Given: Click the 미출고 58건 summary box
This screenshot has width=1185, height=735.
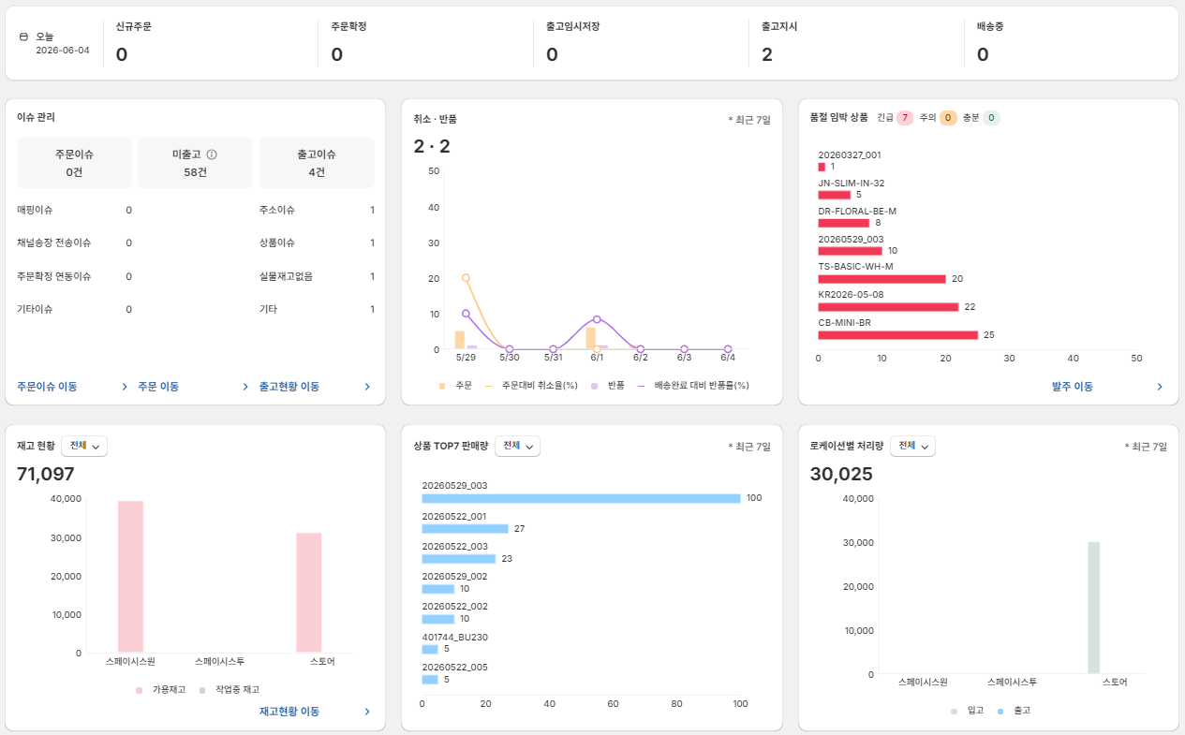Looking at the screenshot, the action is tap(195, 163).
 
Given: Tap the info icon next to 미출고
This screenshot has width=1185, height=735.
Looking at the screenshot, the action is tap(212, 154).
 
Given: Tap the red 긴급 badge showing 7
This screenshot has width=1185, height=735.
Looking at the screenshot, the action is tap(905, 117).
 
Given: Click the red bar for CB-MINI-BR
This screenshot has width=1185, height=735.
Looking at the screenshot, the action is tap(897, 335).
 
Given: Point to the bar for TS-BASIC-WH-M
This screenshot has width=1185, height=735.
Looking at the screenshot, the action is tap(881, 279).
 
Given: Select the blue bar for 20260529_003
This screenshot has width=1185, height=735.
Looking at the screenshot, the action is tap(581, 498).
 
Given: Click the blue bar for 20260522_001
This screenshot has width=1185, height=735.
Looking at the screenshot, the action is tap(465, 529).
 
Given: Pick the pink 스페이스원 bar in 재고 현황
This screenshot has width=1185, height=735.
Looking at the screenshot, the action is tap(130, 577).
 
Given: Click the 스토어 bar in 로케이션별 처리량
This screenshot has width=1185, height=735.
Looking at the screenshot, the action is tap(1093, 608).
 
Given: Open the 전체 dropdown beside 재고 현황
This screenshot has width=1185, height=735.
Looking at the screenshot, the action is tap(84, 446).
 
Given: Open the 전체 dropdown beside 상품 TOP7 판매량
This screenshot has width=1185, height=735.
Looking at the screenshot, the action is tap(517, 446).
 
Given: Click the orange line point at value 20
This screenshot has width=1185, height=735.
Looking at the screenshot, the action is tap(466, 277).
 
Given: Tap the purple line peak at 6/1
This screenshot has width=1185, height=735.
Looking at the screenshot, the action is tap(597, 319).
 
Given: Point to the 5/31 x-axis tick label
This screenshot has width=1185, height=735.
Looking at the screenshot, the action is tap(554, 358).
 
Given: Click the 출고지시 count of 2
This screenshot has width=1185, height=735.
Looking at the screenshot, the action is tap(767, 54).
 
